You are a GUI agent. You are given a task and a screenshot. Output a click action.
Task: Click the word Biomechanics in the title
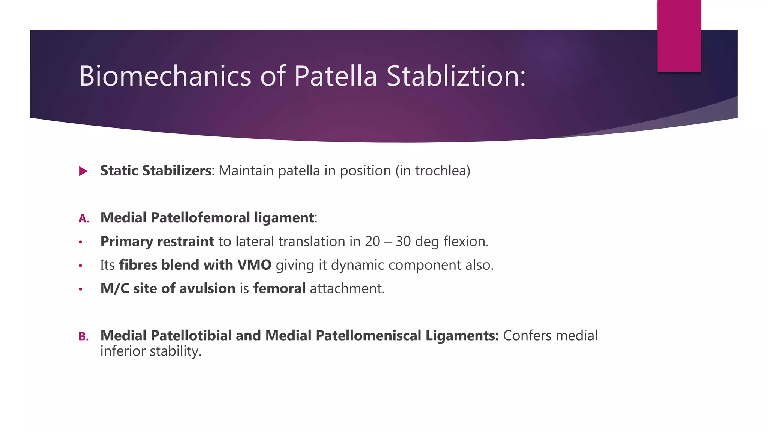coord(165,76)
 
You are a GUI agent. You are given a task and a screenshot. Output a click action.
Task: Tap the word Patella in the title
coord(335,76)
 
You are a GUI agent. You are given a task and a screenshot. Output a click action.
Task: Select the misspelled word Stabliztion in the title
coord(456,76)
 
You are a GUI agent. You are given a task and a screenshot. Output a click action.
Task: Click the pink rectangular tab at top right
coord(679,36)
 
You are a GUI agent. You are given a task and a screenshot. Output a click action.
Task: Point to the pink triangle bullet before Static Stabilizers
coord(84,171)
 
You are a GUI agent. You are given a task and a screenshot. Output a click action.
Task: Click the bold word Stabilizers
coord(177,171)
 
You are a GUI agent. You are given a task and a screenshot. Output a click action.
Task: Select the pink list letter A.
coord(84,219)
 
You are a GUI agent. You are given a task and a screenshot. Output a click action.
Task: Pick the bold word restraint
coord(186,241)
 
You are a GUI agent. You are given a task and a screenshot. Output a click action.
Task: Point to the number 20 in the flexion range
coord(372,241)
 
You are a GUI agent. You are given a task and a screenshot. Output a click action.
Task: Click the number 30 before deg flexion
coord(403,241)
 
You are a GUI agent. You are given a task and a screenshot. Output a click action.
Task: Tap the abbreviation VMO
coord(254,265)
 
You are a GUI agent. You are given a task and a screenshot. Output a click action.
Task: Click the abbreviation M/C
coord(114,289)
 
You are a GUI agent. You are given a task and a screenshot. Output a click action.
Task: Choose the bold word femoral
coord(279,289)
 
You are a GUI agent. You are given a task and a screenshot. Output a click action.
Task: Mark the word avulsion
coord(207,289)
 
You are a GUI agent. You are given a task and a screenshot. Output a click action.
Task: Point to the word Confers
coord(527,336)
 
